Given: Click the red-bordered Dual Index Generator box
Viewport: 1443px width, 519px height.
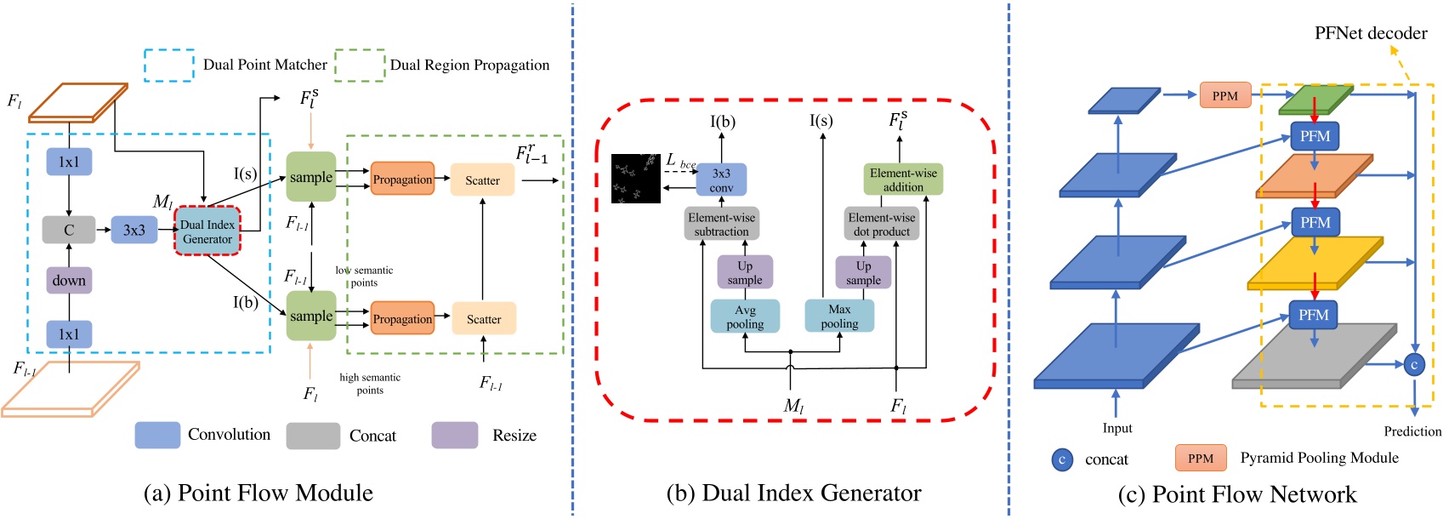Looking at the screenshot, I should [x=207, y=231].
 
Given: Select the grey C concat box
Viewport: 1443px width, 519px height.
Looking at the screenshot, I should [x=69, y=230].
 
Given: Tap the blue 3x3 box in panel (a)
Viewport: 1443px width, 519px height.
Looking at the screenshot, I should [x=134, y=230].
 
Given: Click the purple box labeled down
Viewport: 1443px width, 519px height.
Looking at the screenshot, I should [x=69, y=280].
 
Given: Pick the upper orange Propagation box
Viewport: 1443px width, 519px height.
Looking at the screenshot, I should [x=402, y=180].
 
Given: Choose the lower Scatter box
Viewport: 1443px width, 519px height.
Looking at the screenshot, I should [x=483, y=319].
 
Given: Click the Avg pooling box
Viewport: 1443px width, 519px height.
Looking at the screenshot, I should [x=745, y=317].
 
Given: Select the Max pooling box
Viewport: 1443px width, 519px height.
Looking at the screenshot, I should [x=839, y=316].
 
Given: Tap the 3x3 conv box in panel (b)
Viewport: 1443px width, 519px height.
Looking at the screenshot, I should [x=721, y=180].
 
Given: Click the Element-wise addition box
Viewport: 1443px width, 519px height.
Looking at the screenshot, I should [x=903, y=180].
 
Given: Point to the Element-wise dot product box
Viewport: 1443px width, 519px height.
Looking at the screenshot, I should [x=882, y=224].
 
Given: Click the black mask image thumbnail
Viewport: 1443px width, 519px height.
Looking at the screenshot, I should [x=636, y=179].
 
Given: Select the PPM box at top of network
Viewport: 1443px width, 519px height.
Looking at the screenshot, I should [x=1224, y=95].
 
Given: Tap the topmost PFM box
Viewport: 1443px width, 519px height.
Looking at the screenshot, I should [x=1315, y=136].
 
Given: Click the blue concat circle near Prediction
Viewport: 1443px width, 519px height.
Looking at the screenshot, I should [x=1414, y=365].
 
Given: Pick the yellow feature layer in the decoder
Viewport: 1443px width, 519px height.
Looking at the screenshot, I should [x=1314, y=264].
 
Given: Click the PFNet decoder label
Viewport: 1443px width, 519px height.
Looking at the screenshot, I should [x=1370, y=33].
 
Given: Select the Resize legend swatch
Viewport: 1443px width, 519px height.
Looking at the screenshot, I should [x=455, y=435].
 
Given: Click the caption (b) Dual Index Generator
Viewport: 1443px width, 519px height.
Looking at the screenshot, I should [x=793, y=493].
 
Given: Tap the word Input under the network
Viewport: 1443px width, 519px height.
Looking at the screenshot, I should [x=1117, y=428].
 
